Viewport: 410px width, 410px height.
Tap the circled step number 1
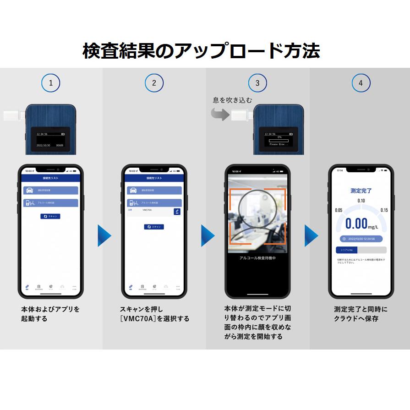(x=50, y=83)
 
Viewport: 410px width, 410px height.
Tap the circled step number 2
(x=154, y=83)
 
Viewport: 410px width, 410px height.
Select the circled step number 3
(x=257, y=83)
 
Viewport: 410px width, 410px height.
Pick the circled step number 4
(x=361, y=83)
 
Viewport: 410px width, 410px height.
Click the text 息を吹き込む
(x=232, y=99)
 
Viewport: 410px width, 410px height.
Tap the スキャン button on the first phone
(x=50, y=216)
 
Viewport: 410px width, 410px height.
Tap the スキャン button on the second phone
(x=154, y=227)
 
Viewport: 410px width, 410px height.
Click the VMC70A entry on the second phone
(x=148, y=210)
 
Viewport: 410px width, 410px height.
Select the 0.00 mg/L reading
(x=361, y=224)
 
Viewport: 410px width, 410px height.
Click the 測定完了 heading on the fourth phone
(x=361, y=191)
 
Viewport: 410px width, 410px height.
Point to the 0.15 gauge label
(x=384, y=210)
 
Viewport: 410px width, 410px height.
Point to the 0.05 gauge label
(x=339, y=210)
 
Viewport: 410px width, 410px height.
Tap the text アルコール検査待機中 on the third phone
(x=257, y=258)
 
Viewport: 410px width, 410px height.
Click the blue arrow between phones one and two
(x=104, y=235)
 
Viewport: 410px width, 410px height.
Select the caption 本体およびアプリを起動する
(x=50, y=314)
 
